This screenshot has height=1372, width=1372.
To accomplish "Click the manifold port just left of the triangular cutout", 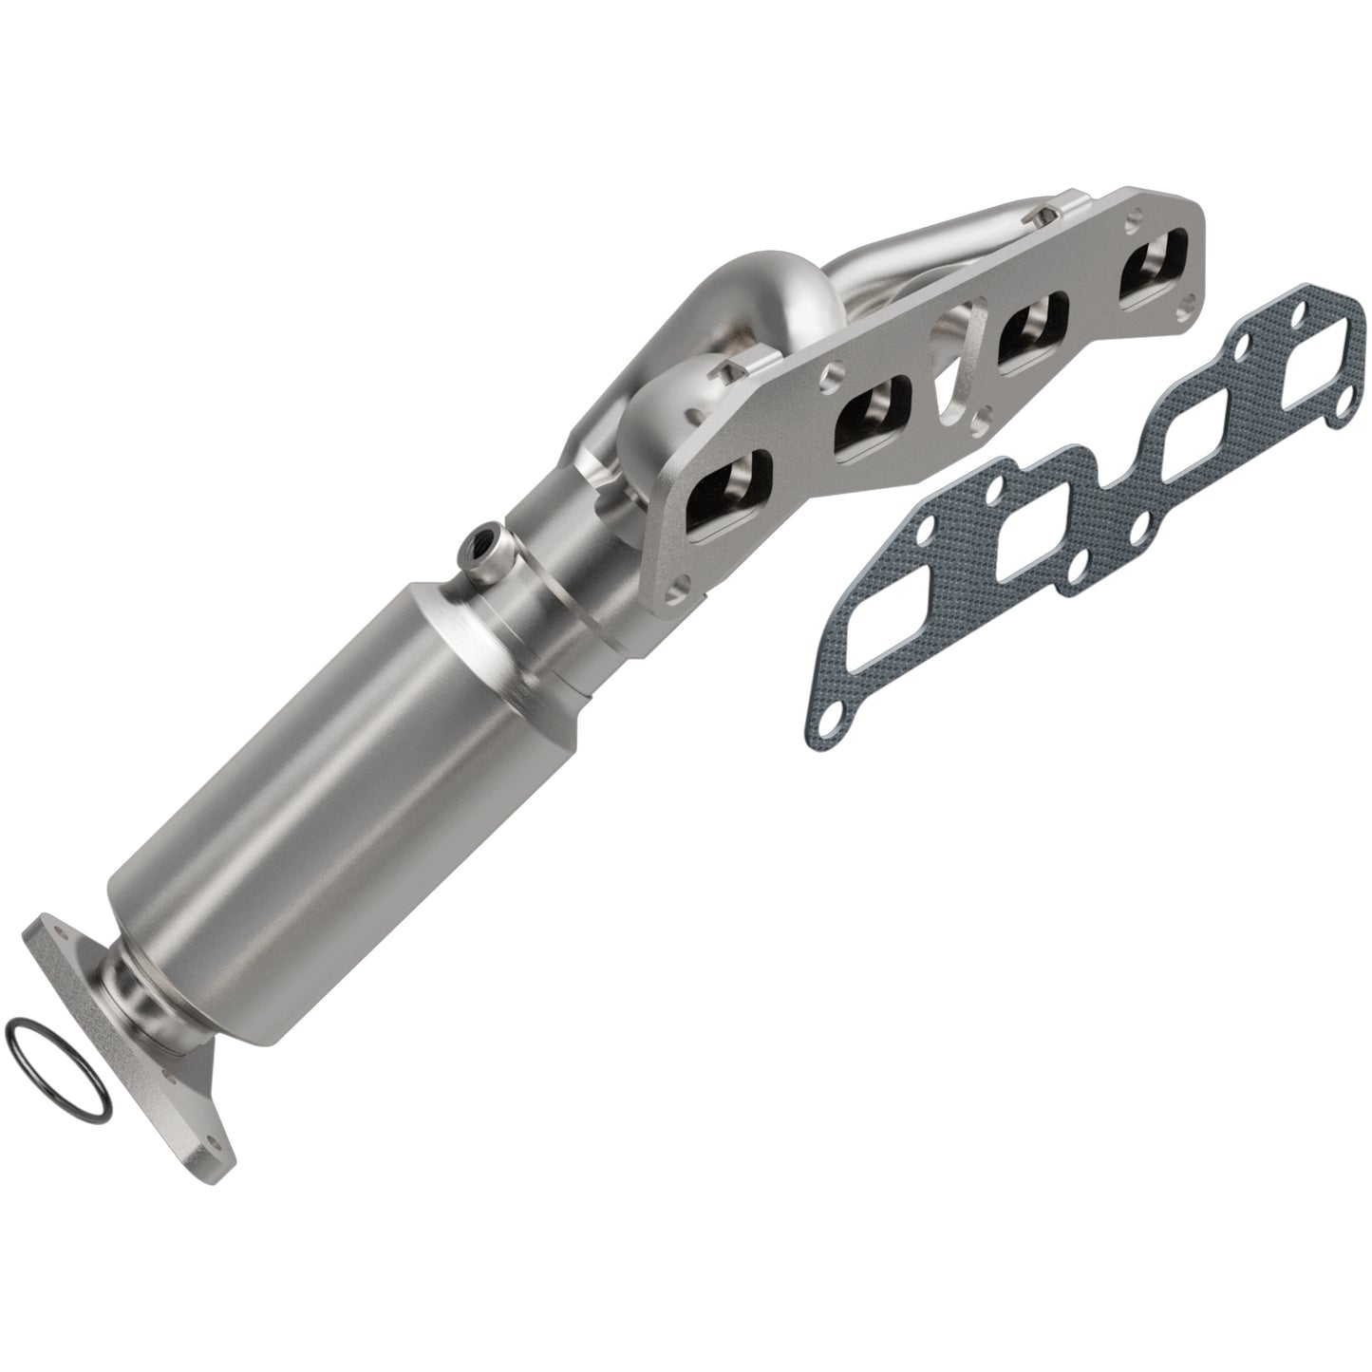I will coord(871,411).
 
